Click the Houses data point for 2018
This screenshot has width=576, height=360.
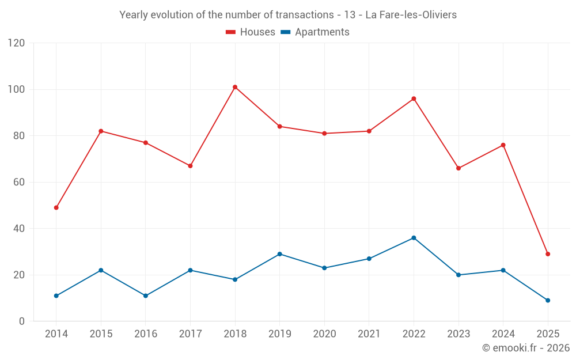[x=235, y=87]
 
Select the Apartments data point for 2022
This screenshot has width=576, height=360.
[x=414, y=238]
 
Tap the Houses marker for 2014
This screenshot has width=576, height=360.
[x=56, y=207]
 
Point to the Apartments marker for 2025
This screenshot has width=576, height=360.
[x=548, y=300]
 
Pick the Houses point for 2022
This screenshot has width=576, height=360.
[x=414, y=98]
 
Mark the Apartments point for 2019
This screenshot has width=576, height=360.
[x=279, y=254]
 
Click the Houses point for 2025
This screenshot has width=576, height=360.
[x=548, y=254]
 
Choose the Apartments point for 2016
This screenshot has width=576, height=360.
[x=146, y=295]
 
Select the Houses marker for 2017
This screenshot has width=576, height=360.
[x=190, y=166]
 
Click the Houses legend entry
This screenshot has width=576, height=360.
[x=251, y=32]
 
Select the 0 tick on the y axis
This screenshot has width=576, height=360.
[x=22, y=321]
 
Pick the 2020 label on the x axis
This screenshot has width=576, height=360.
[x=324, y=334]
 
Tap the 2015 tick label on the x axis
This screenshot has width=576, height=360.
[x=101, y=334]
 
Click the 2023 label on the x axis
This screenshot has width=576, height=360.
[x=458, y=334]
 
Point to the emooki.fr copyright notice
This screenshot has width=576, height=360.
[x=525, y=348]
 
